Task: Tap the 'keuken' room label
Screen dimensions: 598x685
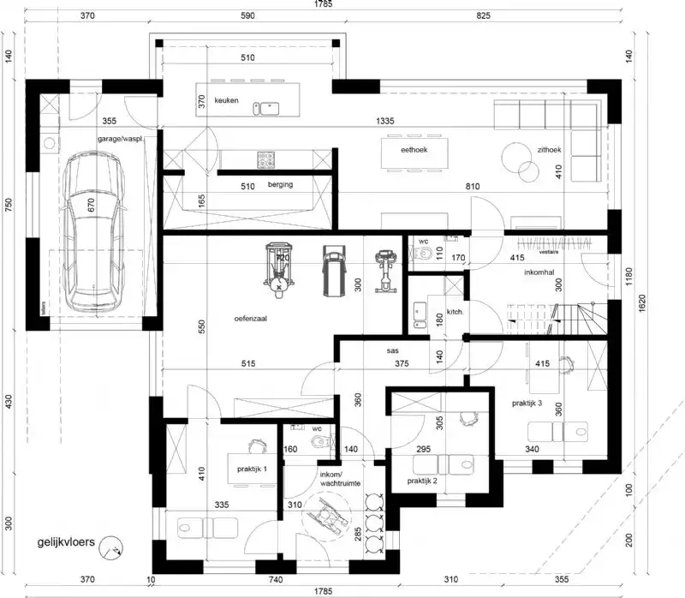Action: pos(226,101)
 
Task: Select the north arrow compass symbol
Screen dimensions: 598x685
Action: pos(110,546)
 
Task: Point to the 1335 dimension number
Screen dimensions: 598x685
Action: pos(384,122)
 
